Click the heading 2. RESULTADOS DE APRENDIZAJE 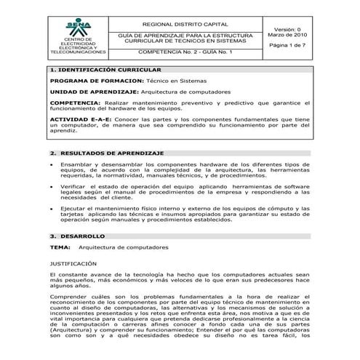pos(108,153)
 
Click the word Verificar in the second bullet pos(75,188)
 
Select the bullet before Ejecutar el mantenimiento pos(52,209)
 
